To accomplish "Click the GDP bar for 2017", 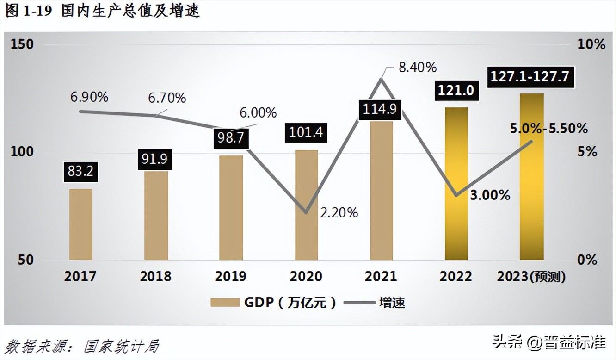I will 81,224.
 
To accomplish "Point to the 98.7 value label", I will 231,138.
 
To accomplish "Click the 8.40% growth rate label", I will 417,68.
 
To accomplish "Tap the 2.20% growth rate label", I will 339,212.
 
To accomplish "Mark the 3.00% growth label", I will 490,195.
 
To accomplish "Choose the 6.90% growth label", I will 89,97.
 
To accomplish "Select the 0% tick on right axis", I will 587,260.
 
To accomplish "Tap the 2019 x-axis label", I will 231,276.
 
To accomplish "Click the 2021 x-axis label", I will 381,276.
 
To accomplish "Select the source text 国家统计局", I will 122,346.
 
